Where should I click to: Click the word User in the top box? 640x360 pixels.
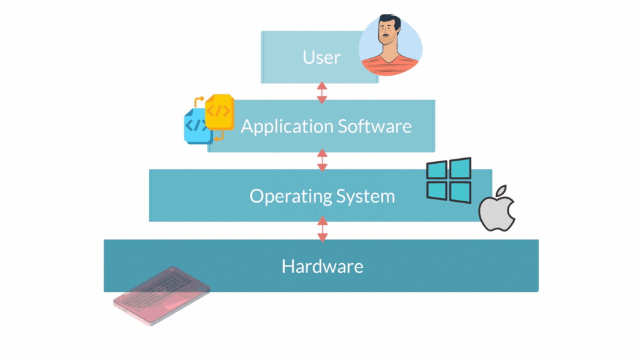point(321,57)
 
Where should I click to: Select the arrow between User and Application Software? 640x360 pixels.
point(322,92)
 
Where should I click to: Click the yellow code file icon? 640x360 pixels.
point(219,112)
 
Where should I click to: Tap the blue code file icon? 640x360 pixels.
point(196,127)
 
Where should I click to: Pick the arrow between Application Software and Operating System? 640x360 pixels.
point(322,160)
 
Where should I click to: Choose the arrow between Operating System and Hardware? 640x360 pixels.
point(322,229)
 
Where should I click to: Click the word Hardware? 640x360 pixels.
point(322,266)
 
